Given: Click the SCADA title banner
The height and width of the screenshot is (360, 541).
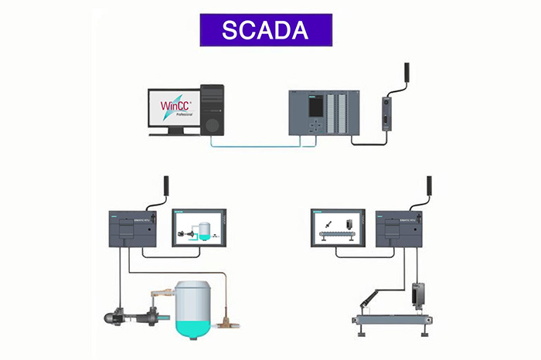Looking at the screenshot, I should pos(265,29).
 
